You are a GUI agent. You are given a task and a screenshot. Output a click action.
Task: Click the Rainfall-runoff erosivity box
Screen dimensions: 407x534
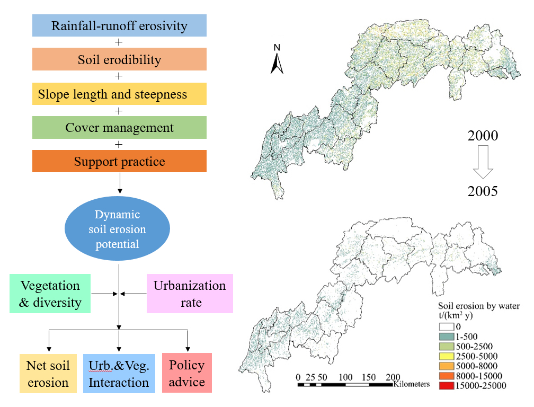pyautogui.click(x=119, y=25)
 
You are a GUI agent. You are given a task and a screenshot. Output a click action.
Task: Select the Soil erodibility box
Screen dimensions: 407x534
pyautogui.click(x=119, y=59)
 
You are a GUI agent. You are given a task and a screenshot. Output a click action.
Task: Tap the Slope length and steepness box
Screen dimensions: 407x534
pyautogui.click(x=119, y=94)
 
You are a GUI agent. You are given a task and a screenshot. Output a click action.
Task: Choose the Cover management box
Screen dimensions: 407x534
pyautogui.click(x=119, y=128)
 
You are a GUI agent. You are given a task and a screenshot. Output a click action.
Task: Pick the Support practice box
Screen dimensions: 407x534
pyautogui.click(x=119, y=161)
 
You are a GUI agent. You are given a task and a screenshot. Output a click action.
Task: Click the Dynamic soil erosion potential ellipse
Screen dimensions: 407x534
pyautogui.click(x=117, y=229)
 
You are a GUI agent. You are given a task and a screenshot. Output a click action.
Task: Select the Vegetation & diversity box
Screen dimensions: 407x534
pyautogui.click(x=50, y=294)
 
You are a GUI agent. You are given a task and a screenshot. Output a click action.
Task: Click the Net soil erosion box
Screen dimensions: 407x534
pyautogui.click(x=48, y=373)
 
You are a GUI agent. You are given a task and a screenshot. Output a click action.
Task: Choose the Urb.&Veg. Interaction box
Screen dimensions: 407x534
pyautogui.click(x=119, y=373)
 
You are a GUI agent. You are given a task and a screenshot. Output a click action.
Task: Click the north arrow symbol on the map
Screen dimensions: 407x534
pyautogui.click(x=277, y=59)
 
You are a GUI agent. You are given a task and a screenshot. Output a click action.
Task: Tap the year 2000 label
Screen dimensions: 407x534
pyautogui.click(x=483, y=136)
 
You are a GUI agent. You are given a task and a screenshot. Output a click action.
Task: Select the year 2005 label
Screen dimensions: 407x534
pyautogui.click(x=483, y=191)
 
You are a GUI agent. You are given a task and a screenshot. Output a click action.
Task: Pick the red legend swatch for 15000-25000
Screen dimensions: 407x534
pyautogui.click(x=447, y=386)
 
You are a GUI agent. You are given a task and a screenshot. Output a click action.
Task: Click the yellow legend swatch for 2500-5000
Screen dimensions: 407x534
pyautogui.click(x=447, y=356)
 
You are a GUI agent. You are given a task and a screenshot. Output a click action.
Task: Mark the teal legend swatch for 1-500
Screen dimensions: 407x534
pyautogui.click(x=447, y=335)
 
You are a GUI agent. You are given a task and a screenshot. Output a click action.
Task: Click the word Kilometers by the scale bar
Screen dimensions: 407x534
pyautogui.click(x=411, y=384)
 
